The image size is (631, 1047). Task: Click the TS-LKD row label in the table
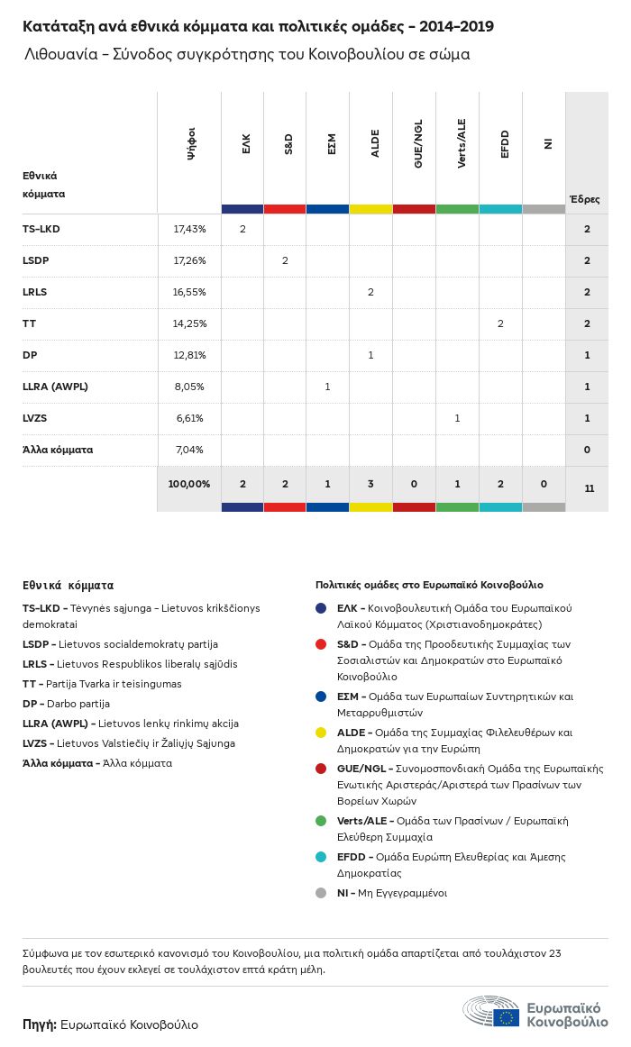41,229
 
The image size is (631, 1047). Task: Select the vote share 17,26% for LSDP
189,260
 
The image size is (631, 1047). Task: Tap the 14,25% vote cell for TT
189,323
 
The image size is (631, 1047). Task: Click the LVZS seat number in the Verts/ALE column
457,418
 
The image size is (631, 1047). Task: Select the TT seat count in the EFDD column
500,323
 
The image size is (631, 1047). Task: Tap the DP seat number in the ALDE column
370,355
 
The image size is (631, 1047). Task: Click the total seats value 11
589,488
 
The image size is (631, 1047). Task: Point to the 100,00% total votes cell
189,484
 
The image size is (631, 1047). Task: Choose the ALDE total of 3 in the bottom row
370,484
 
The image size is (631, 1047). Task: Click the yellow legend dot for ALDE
321,733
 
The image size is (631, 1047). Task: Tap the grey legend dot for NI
321,893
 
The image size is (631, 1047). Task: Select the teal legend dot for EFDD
321,857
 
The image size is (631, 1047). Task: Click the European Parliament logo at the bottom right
535,1014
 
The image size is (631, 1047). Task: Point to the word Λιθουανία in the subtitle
57,55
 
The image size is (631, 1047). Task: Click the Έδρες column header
584,199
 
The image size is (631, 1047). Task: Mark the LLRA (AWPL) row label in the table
55,387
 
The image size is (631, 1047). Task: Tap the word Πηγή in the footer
39,1024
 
